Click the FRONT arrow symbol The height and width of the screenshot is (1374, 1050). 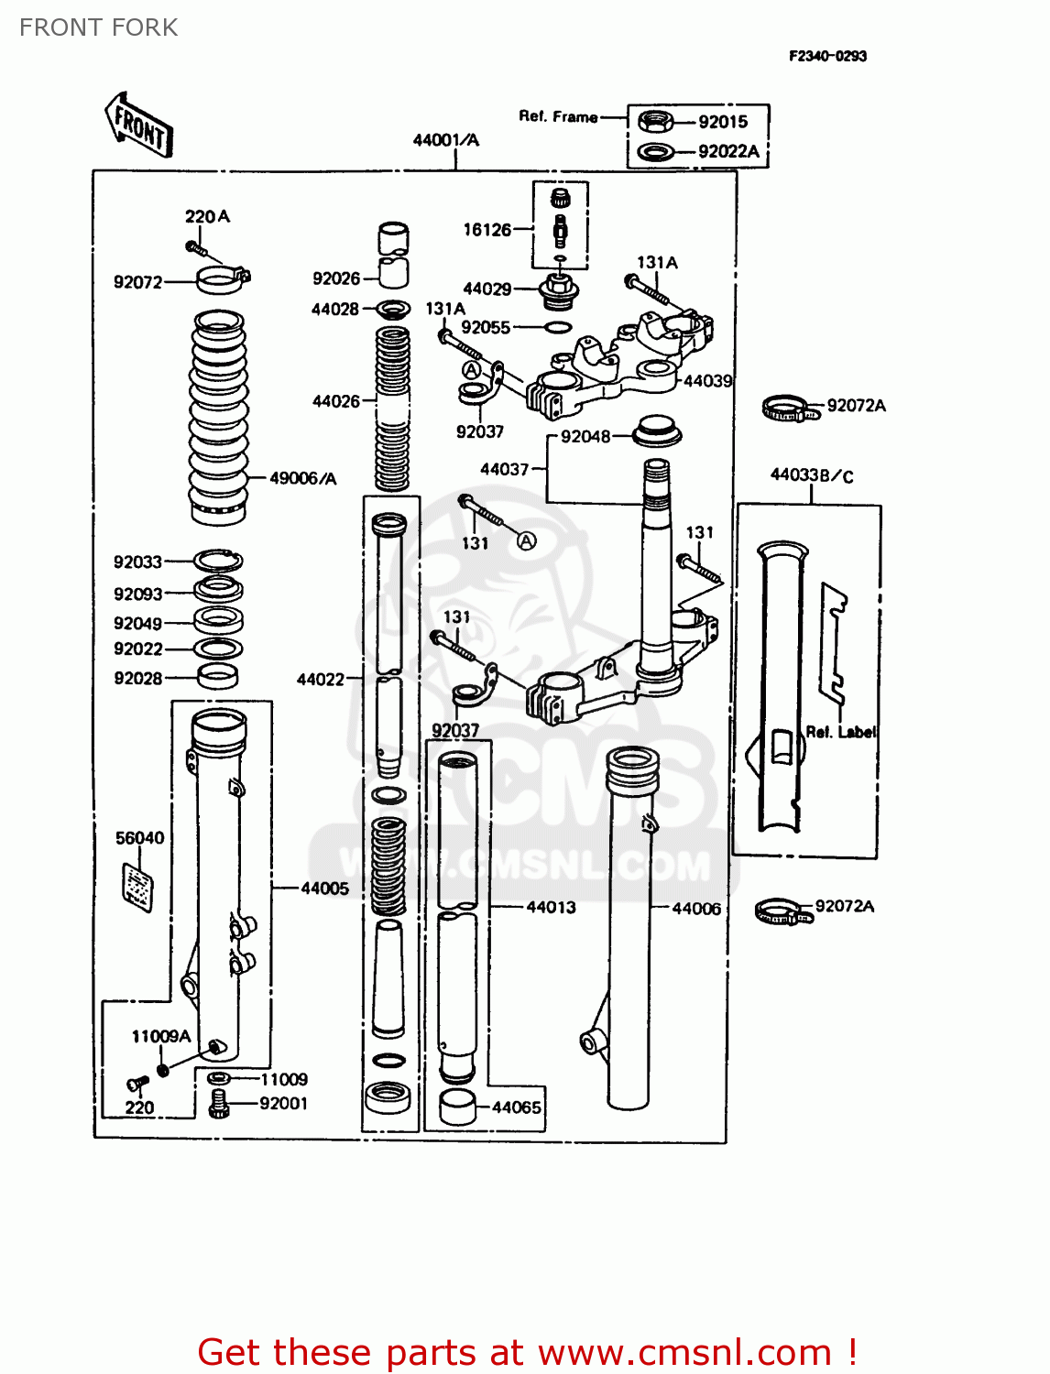pos(138,125)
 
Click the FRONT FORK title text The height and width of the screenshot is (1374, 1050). pos(98,27)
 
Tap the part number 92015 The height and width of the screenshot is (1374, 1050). pos(723,122)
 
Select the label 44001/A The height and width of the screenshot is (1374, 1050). pos(445,140)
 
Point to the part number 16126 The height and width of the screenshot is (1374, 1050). pos(487,230)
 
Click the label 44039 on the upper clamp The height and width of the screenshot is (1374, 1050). pos(707,381)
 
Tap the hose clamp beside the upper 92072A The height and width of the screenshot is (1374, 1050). pos(789,409)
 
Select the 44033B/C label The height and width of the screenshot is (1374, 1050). pos(811,475)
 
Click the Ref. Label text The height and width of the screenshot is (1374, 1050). pos(840,732)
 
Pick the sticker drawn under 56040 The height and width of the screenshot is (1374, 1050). pos(137,887)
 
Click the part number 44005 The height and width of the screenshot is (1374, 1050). pos(324,888)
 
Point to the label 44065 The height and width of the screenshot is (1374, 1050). pos(517,1107)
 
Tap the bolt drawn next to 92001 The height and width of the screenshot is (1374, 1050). pos(218,1104)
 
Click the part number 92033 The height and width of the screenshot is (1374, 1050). pos(137,562)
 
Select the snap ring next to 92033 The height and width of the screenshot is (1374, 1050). pos(218,561)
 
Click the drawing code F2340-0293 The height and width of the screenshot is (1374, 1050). pos(827,56)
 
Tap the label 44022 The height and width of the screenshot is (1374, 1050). pos(321,679)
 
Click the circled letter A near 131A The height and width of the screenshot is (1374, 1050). pos(471,370)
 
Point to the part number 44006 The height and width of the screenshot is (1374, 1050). pos(696,908)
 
